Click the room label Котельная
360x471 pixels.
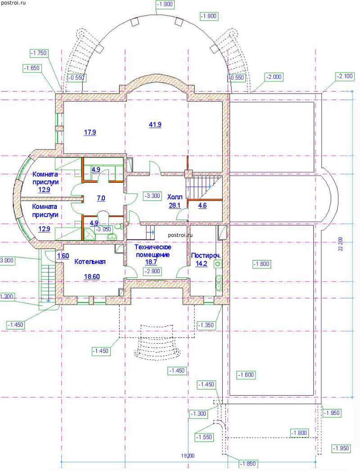coord(90,262)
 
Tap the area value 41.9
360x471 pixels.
coord(155,124)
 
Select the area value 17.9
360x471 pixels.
coord(90,132)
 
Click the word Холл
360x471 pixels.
coord(175,197)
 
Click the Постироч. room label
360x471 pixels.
coord(206,256)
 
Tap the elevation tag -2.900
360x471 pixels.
coord(153,272)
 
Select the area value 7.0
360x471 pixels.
coord(101,198)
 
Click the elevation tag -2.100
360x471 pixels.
coord(345,76)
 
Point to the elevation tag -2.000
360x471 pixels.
coord(274,77)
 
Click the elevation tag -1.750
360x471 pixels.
coord(39,53)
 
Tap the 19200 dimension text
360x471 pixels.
coord(188,456)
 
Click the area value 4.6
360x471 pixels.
coord(202,206)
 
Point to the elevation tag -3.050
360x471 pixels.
coord(103,229)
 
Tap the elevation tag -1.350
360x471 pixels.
coord(206,325)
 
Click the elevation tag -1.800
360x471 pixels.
coord(299,433)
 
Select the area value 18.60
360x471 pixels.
coord(92,276)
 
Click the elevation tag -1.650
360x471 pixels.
coord(32,68)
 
